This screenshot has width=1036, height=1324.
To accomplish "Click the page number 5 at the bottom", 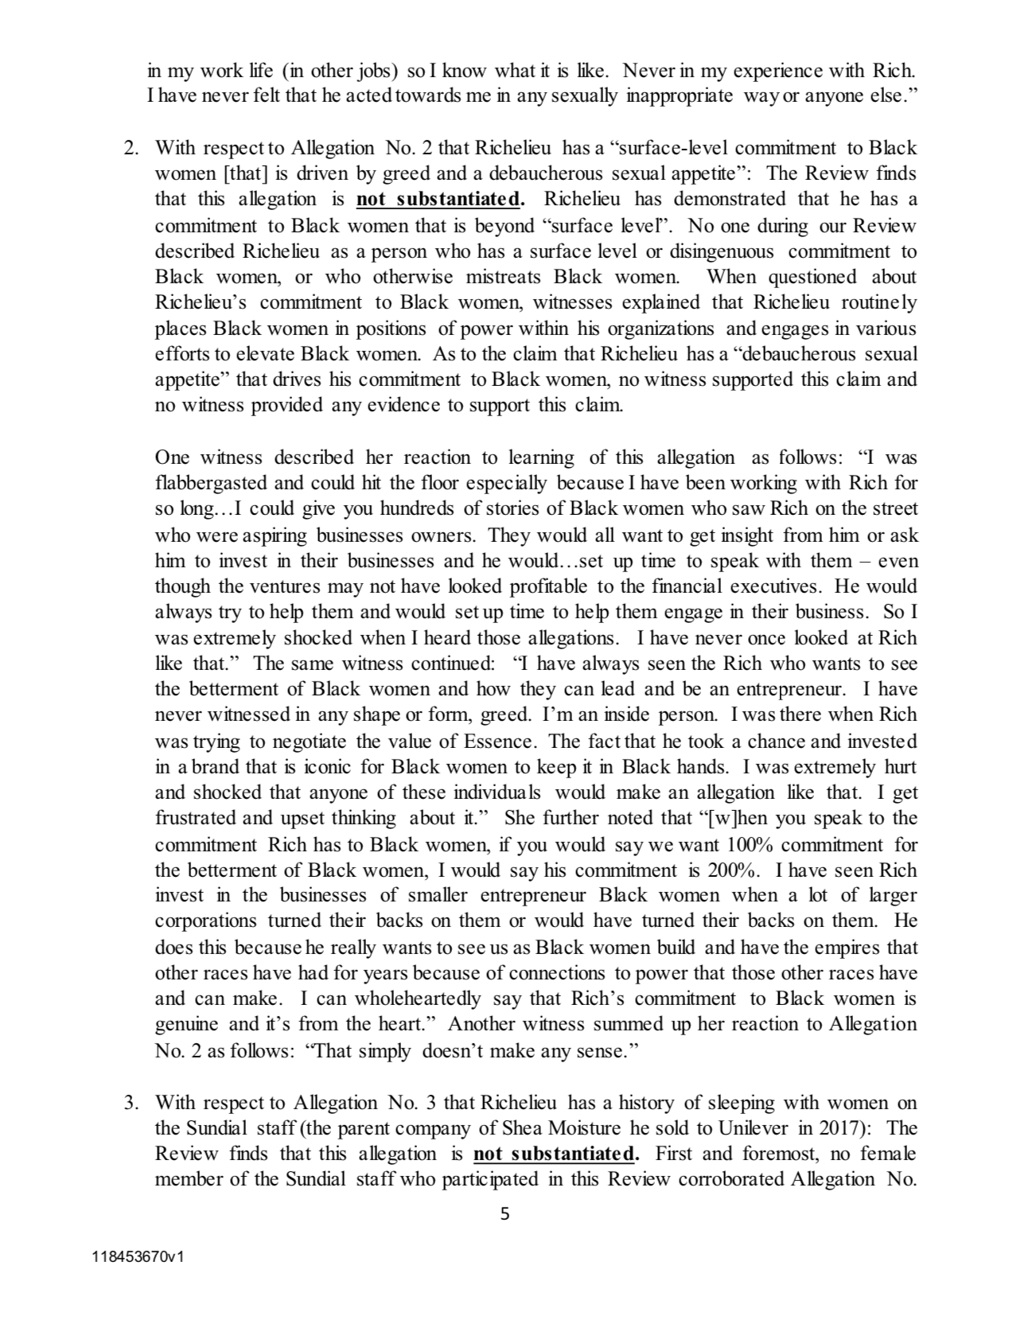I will [503, 1213].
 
